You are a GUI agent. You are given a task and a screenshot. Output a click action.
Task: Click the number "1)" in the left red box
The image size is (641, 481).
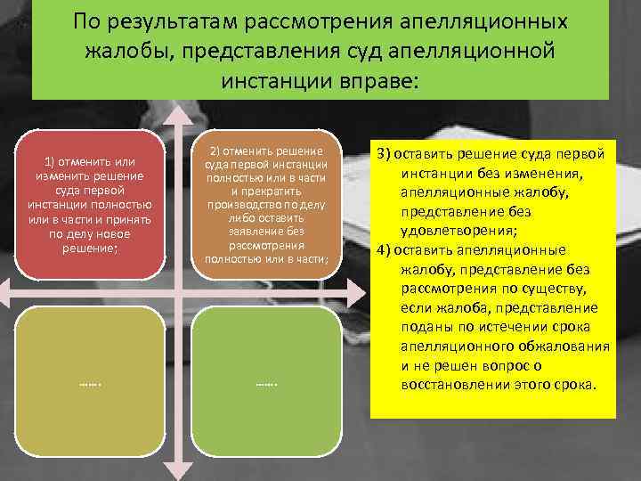pyautogui.click(x=51, y=161)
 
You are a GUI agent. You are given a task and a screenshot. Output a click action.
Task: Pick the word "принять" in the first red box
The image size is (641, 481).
pyautogui.click(x=129, y=219)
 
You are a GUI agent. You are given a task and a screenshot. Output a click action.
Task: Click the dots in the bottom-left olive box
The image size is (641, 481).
pyautogui.click(x=88, y=384)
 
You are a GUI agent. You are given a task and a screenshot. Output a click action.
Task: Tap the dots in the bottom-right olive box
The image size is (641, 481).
pyautogui.click(x=266, y=384)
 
